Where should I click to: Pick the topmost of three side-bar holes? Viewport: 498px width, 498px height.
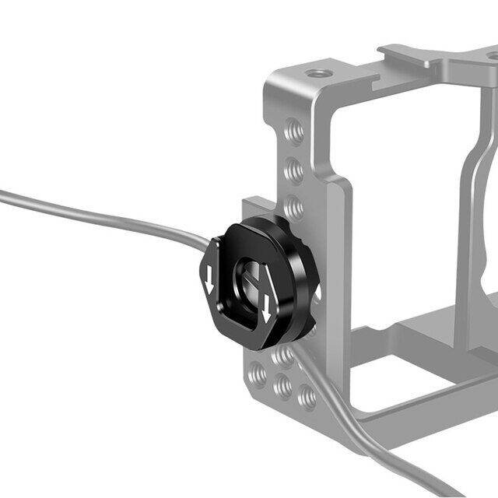[293, 129]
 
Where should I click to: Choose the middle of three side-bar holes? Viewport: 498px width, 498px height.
[295, 168]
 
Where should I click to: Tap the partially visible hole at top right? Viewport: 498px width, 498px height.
[493, 55]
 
